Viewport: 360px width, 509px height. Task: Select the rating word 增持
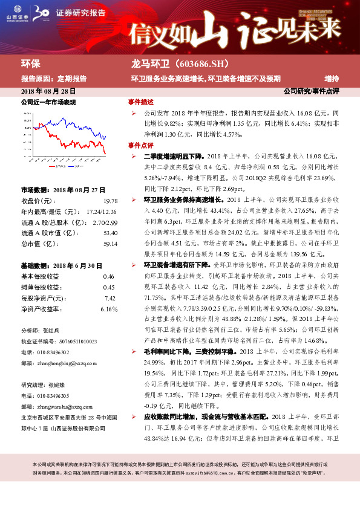click(332, 79)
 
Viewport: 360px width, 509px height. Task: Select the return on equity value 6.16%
click(109, 292)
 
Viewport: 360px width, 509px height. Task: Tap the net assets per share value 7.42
click(110, 282)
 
